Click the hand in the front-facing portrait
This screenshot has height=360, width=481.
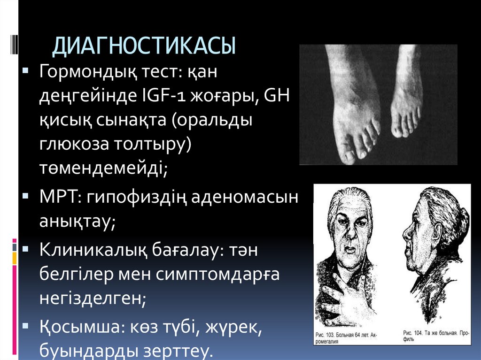(x=345, y=300)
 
